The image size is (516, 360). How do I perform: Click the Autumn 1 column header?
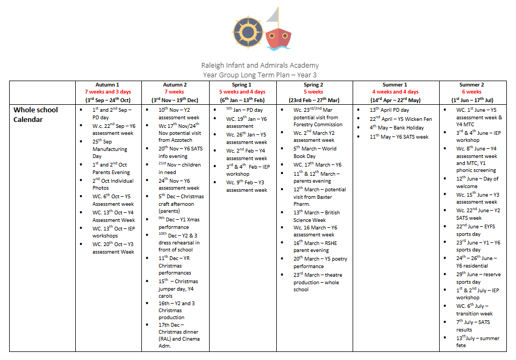pos(107,85)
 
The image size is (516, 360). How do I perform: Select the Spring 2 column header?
pos(313,85)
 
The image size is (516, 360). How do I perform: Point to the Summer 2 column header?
pos(471,85)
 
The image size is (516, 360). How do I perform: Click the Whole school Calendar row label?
pos(35,114)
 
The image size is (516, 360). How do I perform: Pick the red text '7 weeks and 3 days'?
pos(107,92)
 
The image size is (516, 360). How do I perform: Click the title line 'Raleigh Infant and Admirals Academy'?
pos(260,66)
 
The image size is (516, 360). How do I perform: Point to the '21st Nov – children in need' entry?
pos(179,168)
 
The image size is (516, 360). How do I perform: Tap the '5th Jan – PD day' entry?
pos(244,110)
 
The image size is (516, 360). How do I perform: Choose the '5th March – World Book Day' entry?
pos(314,152)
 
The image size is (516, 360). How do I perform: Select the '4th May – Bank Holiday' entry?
pos(396,128)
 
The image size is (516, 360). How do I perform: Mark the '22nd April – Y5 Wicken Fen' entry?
pos(400,119)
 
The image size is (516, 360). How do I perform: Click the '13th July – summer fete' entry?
pos(477,342)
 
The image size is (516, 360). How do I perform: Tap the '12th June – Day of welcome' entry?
pos(477,182)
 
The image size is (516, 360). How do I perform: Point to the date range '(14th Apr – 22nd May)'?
pos(396,100)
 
